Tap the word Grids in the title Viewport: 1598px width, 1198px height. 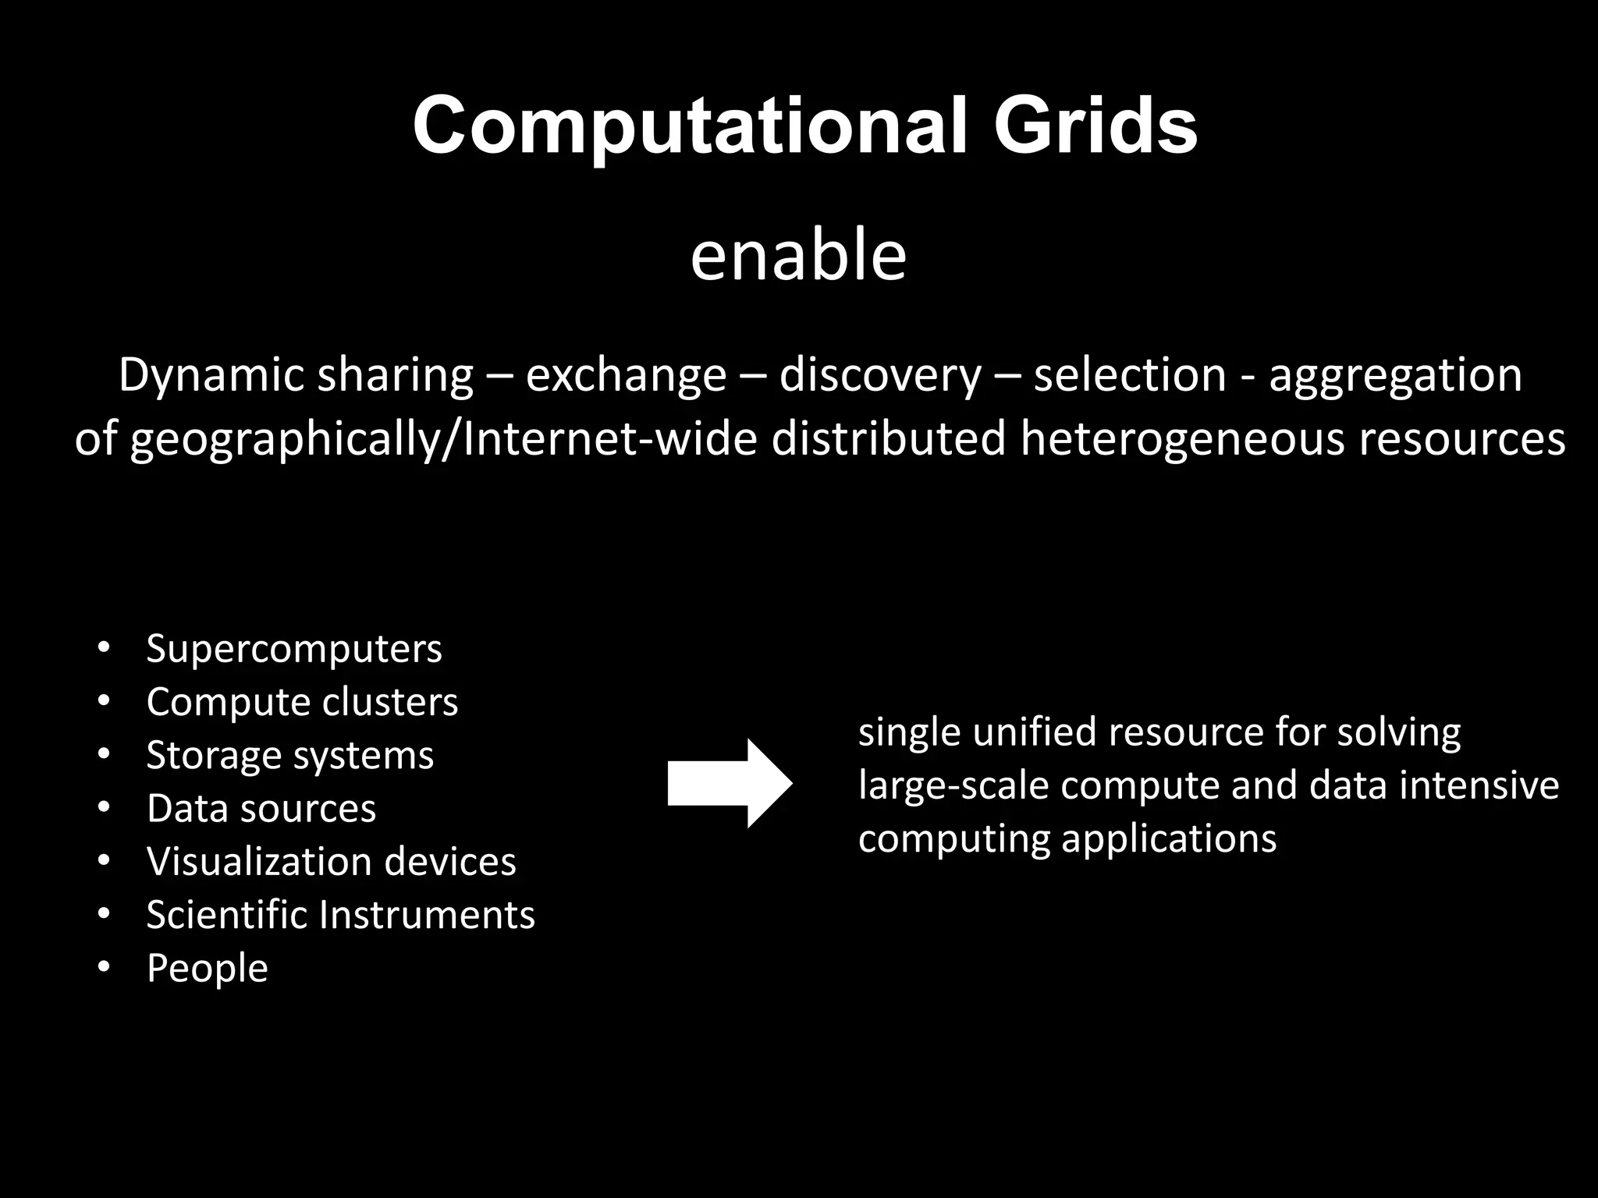tap(1095, 126)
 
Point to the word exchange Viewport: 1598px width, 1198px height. tap(626, 376)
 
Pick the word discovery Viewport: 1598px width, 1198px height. tap(880, 376)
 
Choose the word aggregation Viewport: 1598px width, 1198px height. tap(1395, 376)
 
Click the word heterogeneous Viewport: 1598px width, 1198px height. tap(1182, 439)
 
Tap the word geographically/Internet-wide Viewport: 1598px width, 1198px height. tap(444, 439)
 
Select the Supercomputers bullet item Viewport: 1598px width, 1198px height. tap(293, 649)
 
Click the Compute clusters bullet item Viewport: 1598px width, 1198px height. tap(302, 702)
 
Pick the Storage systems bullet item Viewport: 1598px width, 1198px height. tap(289, 755)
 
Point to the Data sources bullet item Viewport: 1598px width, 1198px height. tap(261, 809)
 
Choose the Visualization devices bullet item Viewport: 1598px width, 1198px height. tap(331, 862)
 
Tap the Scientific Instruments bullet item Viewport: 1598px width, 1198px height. tap(340, 915)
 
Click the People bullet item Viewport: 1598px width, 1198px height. tap(207, 968)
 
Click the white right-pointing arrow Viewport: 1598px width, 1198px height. tap(730, 783)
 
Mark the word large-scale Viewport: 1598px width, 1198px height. tap(953, 785)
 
